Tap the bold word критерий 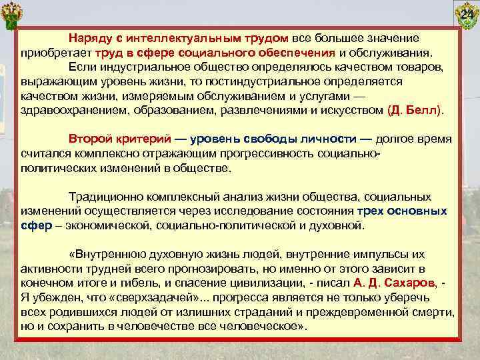tap(143, 139)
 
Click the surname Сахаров tap(401, 283)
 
